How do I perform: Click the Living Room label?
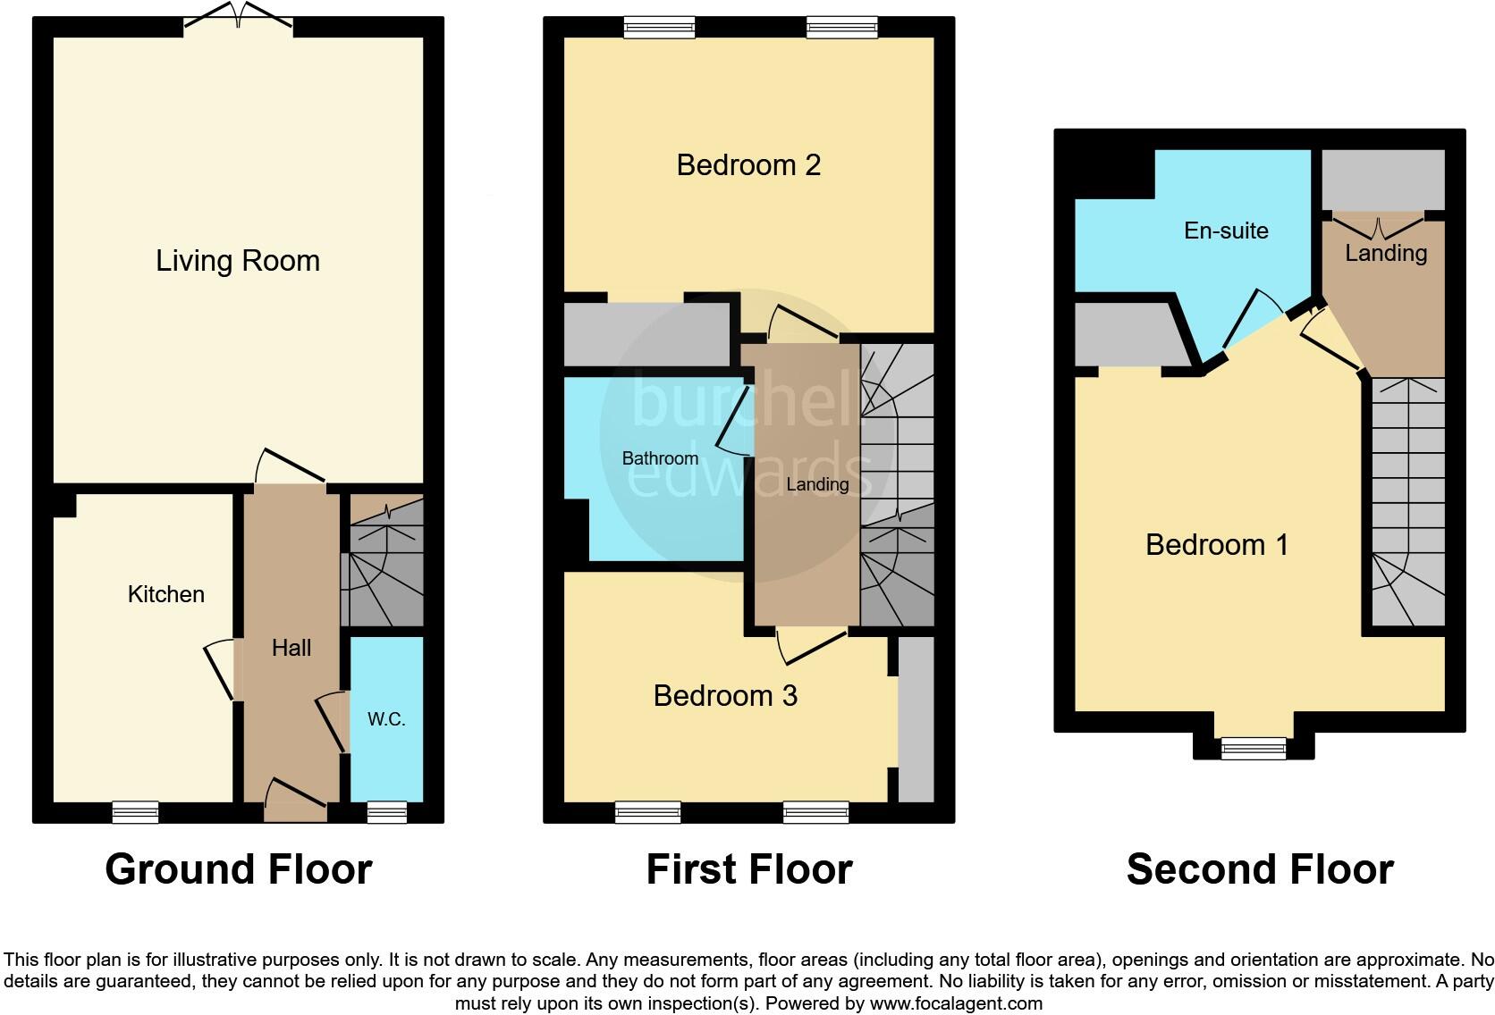tap(238, 261)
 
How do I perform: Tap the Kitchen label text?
tap(166, 594)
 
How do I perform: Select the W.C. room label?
tap(386, 719)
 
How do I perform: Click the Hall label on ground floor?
tap(291, 648)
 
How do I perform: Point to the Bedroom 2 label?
tap(748, 165)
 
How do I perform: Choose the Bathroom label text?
tap(660, 458)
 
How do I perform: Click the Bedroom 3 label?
tap(725, 695)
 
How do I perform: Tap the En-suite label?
tap(1226, 231)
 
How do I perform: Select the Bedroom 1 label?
tap(1217, 545)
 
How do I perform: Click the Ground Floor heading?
tap(238, 869)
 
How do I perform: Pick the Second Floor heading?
tap(1260, 869)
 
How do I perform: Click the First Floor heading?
tap(749, 869)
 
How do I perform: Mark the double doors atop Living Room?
tap(238, 17)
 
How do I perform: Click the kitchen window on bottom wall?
tap(136, 812)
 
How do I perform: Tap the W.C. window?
tap(386, 812)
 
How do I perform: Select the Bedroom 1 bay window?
tap(1254, 748)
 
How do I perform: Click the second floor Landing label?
tap(1386, 253)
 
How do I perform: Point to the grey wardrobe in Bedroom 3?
tap(916, 719)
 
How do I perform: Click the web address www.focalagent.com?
tap(956, 1003)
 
